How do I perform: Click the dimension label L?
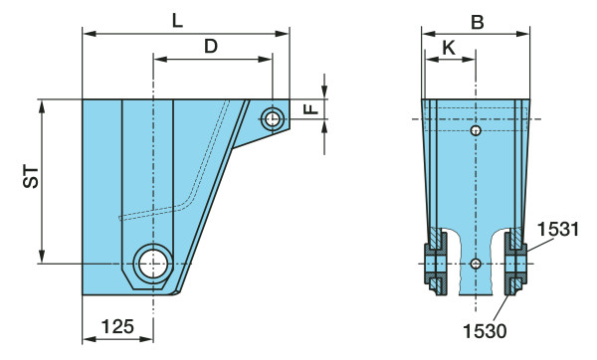coord(177,21)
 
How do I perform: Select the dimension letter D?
coord(211,47)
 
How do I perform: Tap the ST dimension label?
coord(31,177)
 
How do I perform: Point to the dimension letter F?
coord(310,109)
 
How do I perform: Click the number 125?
coord(117,326)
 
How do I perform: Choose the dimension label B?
coord(478,23)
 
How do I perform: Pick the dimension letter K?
coord(449,49)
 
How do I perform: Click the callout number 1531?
coord(558,230)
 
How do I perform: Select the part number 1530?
coord(485,331)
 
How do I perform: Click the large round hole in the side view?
coord(153,264)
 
